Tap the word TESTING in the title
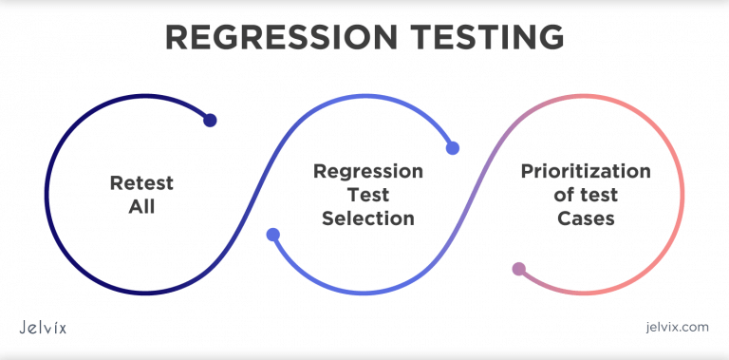pyautogui.click(x=480, y=37)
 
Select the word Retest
pyautogui.click(x=141, y=182)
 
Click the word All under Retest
pyautogui.click(x=141, y=204)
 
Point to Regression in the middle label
pyautogui.click(x=368, y=172)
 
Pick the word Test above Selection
pyautogui.click(x=368, y=195)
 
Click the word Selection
pyautogui.click(x=368, y=218)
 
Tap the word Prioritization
pyautogui.click(x=586, y=172)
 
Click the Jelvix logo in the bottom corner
pyautogui.click(x=43, y=327)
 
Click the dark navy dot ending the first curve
pyautogui.click(x=211, y=121)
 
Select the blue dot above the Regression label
pyautogui.click(x=453, y=147)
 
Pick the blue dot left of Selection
pyautogui.click(x=272, y=235)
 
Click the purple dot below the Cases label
pyautogui.click(x=518, y=269)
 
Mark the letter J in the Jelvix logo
pyautogui.click(x=24, y=327)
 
